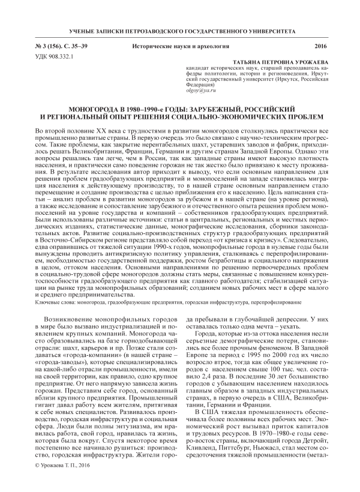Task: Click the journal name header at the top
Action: (180, 29)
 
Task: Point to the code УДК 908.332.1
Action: (55, 56)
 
